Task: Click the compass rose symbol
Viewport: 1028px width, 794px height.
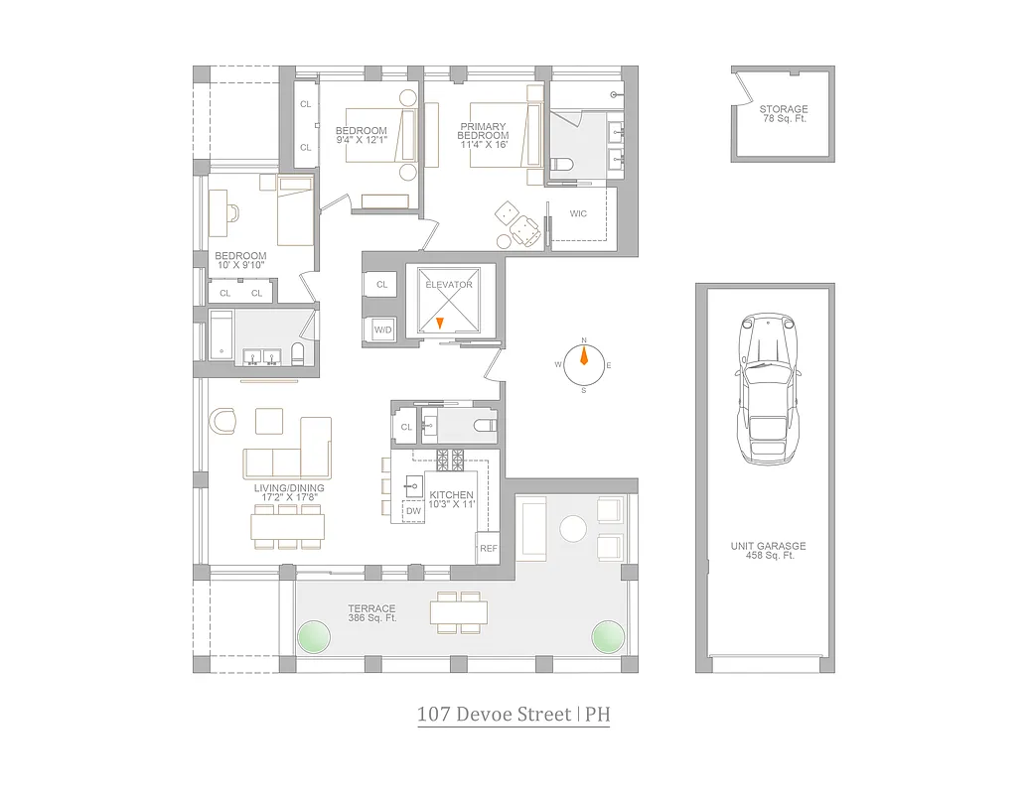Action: (583, 364)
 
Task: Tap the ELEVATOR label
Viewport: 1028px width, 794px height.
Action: (449, 285)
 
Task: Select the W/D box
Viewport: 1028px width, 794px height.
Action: (381, 329)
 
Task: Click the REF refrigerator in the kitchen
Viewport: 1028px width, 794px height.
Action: (488, 548)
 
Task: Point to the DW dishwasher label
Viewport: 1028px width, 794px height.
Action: (412, 510)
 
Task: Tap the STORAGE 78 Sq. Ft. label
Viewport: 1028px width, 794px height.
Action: (783, 114)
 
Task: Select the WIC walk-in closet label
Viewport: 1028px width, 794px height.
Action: (578, 213)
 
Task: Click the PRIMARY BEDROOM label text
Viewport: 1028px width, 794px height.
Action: (483, 131)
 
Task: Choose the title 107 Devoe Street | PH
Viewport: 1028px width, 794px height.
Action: (514, 715)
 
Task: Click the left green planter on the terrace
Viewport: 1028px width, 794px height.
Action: (314, 635)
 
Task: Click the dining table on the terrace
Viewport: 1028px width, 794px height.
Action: (458, 612)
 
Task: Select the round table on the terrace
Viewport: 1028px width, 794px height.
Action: (573, 528)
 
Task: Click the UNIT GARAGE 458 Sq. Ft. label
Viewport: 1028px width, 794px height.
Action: (768, 550)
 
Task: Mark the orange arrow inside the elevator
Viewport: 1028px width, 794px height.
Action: (440, 323)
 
